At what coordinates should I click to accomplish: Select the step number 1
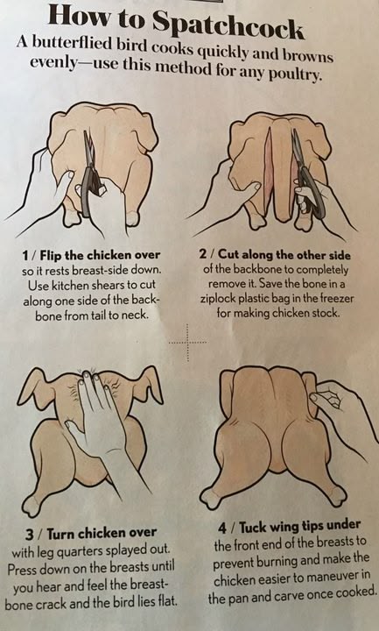(25, 255)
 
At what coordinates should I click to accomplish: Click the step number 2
(203, 254)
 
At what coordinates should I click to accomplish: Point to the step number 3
(30, 535)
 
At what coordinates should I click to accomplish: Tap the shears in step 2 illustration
(306, 175)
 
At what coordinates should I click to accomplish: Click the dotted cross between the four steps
(187, 343)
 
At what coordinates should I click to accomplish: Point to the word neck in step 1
(137, 315)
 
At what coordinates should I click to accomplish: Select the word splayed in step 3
(122, 550)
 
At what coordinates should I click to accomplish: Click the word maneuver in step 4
(336, 578)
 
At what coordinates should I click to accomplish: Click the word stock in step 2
(324, 313)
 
